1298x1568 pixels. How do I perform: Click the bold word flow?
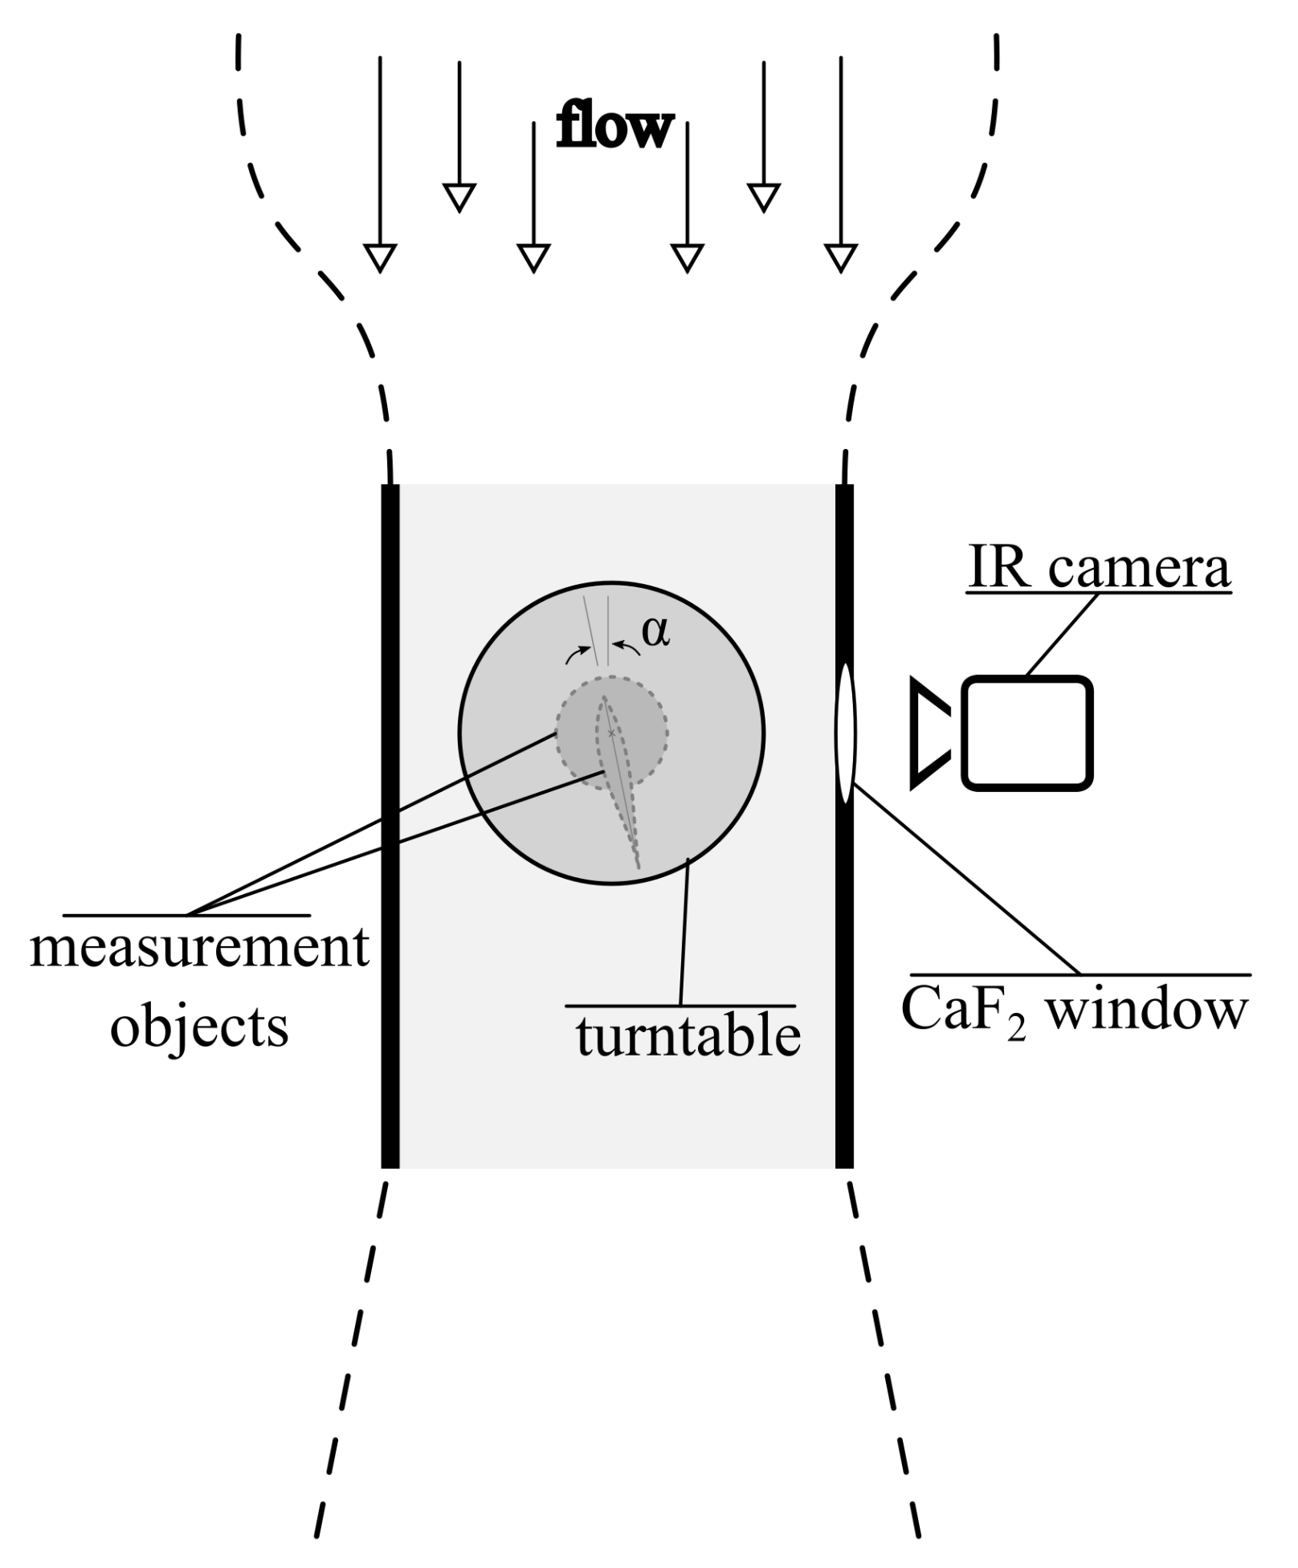pyautogui.click(x=614, y=127)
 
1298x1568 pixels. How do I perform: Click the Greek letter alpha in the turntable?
pyautogui.click(x=655, y=633)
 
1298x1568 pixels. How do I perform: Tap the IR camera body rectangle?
pyautogui.click(x=1027, y=733)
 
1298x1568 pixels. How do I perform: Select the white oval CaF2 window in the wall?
pyautogui.click(x=845, y=733)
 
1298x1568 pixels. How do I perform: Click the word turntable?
pyautogui.click(x=688, y=1036)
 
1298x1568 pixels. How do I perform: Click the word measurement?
pyautogui.click(x=199, y=948)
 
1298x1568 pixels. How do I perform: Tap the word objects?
pyautogui.click(x=199, y=1027)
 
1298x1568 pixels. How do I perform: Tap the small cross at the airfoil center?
pyautogui.click(x=611, y=733)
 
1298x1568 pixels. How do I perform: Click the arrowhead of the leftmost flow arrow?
pyautogui.click(x=380, y=257)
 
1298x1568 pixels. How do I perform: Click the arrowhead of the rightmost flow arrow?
pyautogui.click(x=841, y=257)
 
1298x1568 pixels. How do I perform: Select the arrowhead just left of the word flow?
pyautogui.click(x=533, y=257)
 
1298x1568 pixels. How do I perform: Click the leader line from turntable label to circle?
pyautogui.click(x=684, y=932)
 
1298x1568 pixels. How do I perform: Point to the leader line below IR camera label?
pyautogui.click(x=1062, y=634)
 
